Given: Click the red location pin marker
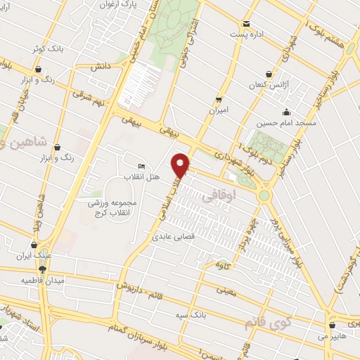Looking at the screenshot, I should (182, 165).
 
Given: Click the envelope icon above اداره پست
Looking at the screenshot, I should (245, 23).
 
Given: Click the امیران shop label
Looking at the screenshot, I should (219, 110).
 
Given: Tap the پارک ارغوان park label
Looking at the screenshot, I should (117, 5).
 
